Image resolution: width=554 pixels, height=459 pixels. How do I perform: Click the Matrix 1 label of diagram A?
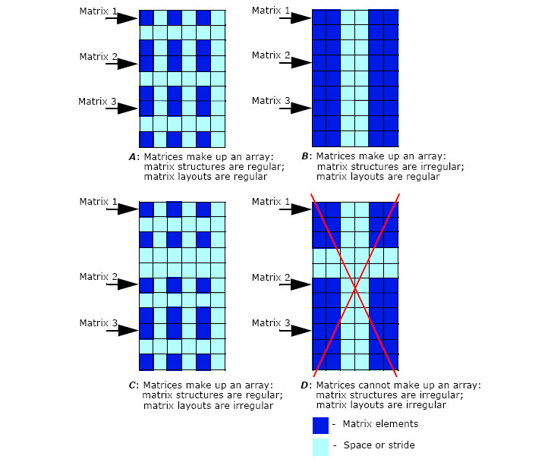(x=98, y=11)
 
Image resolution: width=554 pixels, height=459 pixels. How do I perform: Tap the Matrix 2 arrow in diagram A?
(x=122, y=64)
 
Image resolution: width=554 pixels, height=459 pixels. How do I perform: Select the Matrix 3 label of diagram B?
(x=271, y=101)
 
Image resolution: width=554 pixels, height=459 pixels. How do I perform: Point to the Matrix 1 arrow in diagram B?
(x=295, y=17)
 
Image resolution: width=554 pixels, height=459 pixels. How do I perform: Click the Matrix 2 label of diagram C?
(x=98, y=277)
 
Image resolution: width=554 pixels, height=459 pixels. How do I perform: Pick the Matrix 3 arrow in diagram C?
(x=122, y=331)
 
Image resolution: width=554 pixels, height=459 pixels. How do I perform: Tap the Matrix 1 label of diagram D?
(x=271, y=202)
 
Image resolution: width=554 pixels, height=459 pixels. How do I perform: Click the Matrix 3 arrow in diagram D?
(x=295, y=331)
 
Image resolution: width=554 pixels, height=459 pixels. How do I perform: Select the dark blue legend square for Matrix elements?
(x=320, y=425)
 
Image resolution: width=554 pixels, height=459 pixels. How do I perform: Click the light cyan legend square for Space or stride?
(x=320, y=447)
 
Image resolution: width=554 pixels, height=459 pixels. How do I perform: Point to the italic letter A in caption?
(x=132, y=157)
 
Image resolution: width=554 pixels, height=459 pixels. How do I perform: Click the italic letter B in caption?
(x=304, y=156)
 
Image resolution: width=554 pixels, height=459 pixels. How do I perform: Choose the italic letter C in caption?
(x=132, y=385)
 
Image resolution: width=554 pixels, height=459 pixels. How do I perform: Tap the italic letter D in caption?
(x=304, y=385)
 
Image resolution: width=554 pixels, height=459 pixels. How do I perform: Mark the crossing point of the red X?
(x=355, y=290)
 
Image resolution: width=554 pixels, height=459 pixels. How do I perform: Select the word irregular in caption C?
(x=253, y=406)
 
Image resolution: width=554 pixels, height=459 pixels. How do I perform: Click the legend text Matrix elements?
(x=380, y=423)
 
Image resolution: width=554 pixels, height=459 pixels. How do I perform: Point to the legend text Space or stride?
(x=379, y=445)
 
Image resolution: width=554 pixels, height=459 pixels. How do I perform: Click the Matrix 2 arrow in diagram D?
(x=295, y=285)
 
